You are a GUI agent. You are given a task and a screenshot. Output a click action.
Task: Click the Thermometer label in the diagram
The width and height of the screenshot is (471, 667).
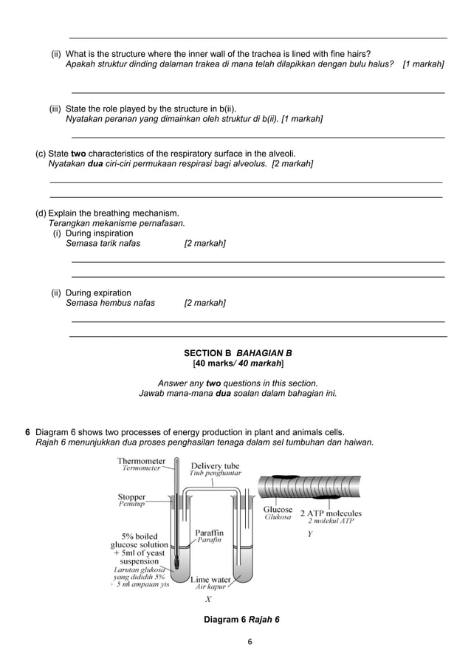pyautogui.click(x=141, y=462)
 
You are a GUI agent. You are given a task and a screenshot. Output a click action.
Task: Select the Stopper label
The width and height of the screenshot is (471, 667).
pyautogui.click(x=131, y=497)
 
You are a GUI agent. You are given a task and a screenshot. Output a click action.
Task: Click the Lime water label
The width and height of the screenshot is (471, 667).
pyautogui.click(x=211, y=580)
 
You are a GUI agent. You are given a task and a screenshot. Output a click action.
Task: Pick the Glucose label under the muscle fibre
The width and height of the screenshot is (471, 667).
pyautogui.click(x=278, y=510)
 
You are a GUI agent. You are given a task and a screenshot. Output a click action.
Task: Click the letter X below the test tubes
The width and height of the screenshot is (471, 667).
pyautogui.click(x=208, y=599)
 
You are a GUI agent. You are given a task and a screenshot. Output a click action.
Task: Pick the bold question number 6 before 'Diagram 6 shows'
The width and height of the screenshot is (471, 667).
pyautogui.click(x=27, y=432)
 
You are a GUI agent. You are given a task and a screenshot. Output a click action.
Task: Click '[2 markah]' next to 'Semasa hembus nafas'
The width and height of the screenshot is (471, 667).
pyautogui.click(x=204, y=303)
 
